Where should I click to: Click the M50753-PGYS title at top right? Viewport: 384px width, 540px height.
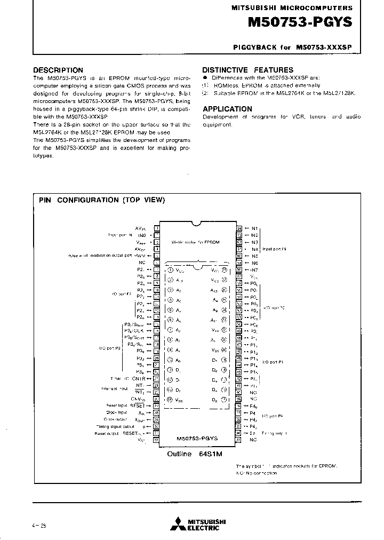[300, 23]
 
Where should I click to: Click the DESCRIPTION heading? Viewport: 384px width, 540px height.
[58, 70]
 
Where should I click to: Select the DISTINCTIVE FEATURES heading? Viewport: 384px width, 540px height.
[247, 70]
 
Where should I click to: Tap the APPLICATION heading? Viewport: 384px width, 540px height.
[227, 108]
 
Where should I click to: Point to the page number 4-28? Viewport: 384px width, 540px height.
[39, 526]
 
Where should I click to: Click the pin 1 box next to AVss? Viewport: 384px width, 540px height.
[157, 228]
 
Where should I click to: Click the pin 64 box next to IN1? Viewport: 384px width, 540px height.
[239, 228]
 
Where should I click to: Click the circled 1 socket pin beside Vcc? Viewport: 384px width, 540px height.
[170, 271]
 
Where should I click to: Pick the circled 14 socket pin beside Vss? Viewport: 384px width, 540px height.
[170, 399]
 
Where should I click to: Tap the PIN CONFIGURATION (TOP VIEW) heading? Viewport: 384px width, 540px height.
[102, 200]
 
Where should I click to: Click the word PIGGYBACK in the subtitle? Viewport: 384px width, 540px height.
[255, 47]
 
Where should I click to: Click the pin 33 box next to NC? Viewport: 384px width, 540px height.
[239, 439]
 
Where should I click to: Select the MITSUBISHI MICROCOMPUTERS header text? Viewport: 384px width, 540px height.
[291, 8]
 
